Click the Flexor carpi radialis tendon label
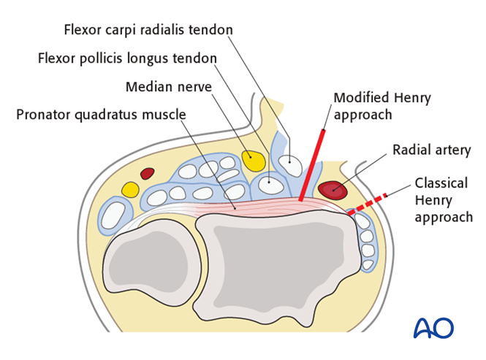(x=148, y=30)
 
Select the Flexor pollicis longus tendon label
(x=127, y=58)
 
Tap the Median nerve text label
(x=168, y=87)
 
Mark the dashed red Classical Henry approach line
(x=372, y=202)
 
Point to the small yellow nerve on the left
(x=130, y=190)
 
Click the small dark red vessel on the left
(x=148, y=173)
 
